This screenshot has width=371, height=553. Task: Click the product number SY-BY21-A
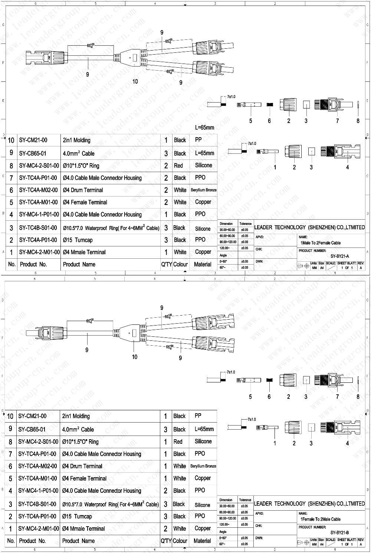pyautogui.click(x=339, y=256)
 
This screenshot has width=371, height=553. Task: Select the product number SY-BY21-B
pyautogui.click(x=339, y=533)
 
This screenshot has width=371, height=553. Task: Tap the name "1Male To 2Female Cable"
pyautogui.click(x=320, y=243)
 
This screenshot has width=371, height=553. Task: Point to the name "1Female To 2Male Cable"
pyautogui.click(x=320, y=519)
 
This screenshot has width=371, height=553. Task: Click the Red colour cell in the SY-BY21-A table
pyautogui.click(x=178, y=166)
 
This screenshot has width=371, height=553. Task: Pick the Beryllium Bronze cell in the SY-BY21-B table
pyautogui.click(x=203, y=466)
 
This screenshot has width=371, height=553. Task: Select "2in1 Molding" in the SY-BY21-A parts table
pyautogui.click(x=77, y=140)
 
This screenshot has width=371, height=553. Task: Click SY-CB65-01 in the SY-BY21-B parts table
pyautogui.click(x=32, y=429)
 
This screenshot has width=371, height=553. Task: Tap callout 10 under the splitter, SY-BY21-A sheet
pyautogui.click(x=135, y=81)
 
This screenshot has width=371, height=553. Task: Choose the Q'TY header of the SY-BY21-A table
pyautogui.click(x=166, y=264)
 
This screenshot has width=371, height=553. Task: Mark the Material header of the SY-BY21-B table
pyautogui.click(x=202, y=541)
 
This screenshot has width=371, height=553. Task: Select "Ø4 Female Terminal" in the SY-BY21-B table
pyautogui.click(x=84, y=478)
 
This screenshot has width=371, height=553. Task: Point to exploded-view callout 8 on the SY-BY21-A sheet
pyautogui.click(x=358, y=121)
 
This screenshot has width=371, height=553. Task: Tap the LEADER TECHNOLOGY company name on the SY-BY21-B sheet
pyautogui.click(x=309, y=504)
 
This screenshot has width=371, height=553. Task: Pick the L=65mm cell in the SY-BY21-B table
pyautogui.click(x=204, y=429)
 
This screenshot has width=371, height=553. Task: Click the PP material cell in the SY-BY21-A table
pyautogui.click(x=198, y=140)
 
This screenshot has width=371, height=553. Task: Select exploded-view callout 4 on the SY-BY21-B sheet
pyautogui.click(x=348, y=443)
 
